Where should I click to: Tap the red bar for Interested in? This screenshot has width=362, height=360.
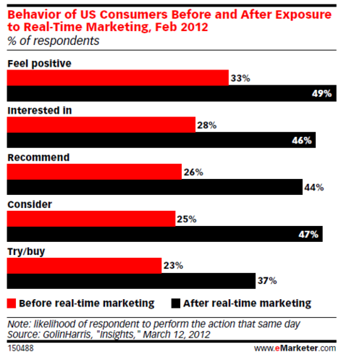[101, 125]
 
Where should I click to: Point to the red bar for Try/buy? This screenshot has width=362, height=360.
[84, 265]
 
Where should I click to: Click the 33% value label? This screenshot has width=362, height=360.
[240, 78]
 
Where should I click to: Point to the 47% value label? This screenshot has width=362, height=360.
[335, 234]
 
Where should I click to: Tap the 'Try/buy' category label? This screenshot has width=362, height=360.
[25, 251]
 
